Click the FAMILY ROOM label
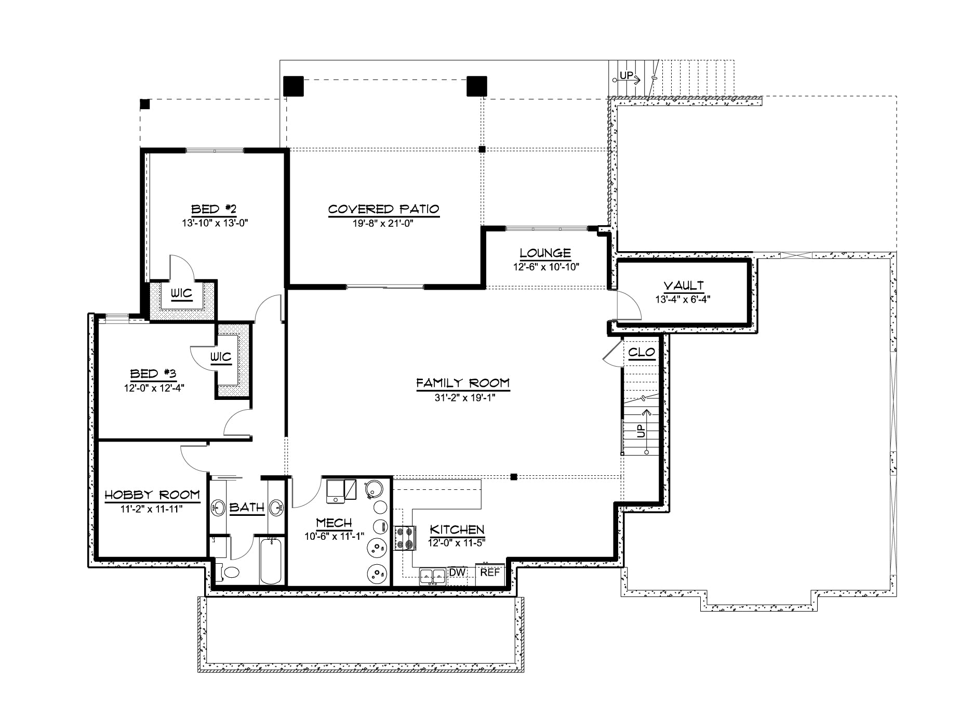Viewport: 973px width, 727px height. click(463, 383)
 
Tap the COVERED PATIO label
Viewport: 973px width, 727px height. click(384, 209)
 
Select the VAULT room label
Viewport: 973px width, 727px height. click(683, 285)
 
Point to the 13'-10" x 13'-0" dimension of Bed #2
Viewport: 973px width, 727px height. click(214, 223)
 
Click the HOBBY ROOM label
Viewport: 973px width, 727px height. click(152, 495)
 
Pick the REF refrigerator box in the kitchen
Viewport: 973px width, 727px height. click(490, 572)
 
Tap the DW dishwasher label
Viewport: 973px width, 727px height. click(456, 572)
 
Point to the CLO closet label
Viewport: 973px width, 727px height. click(642, 353)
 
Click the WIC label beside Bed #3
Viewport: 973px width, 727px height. click(221, 357)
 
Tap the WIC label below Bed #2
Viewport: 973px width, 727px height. click(182, 294)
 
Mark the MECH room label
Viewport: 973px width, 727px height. click(334, 523)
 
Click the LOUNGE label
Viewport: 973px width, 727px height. click(545, 253)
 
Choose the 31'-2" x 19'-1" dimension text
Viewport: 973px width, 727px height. click(463, 398)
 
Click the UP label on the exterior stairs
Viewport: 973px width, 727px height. click(627, 76)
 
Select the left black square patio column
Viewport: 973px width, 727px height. click(294, 86)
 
